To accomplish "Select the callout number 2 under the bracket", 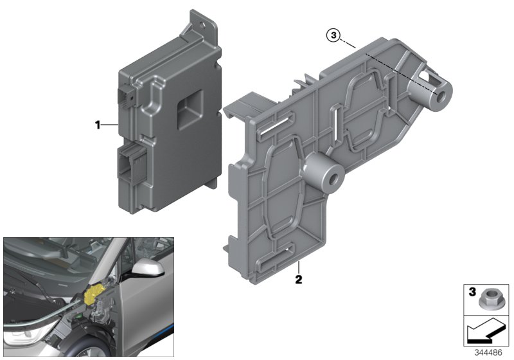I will click(x=299, y=280).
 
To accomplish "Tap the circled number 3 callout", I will click(x=332, y=35).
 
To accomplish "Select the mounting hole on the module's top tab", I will click(x=205, y=26).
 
